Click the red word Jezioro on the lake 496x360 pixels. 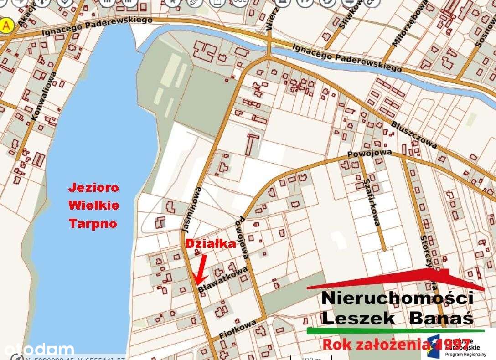93,187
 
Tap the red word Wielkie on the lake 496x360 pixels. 94,206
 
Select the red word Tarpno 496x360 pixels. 93,223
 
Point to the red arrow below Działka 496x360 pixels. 201,269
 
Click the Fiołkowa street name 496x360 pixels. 238,330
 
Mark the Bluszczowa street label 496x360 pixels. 414,135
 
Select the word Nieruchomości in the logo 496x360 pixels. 397,298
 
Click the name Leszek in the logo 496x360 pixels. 357,319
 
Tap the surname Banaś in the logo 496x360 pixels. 441,319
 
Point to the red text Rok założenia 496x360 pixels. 374,344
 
